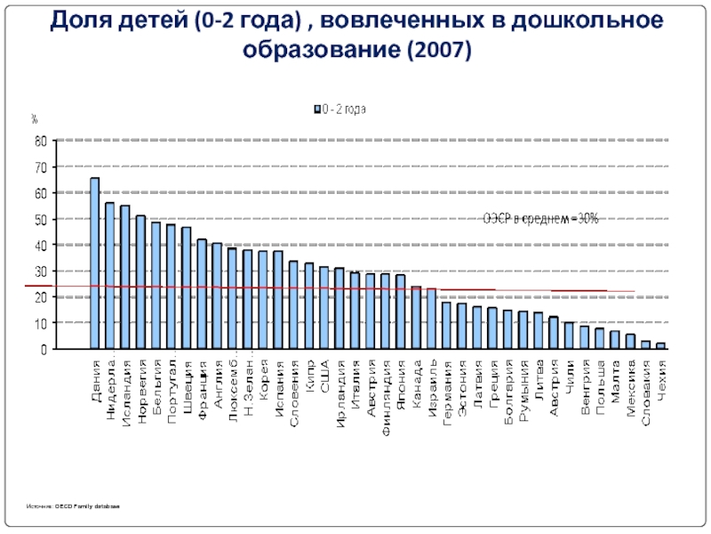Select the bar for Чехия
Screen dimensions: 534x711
[660, 346]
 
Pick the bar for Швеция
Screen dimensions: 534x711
[187, 288]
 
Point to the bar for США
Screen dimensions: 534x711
[324, 308]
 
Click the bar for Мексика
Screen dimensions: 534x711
[630, 342]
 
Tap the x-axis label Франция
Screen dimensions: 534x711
[202, 384]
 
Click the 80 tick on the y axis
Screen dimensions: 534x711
[40, 141]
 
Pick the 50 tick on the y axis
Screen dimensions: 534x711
[40, 219]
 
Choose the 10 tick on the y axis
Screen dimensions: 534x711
[40, 324]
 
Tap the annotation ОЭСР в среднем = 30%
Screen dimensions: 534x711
[540, 219]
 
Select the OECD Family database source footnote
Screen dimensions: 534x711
[73, 506]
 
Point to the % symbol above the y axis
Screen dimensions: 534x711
[34, 118]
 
